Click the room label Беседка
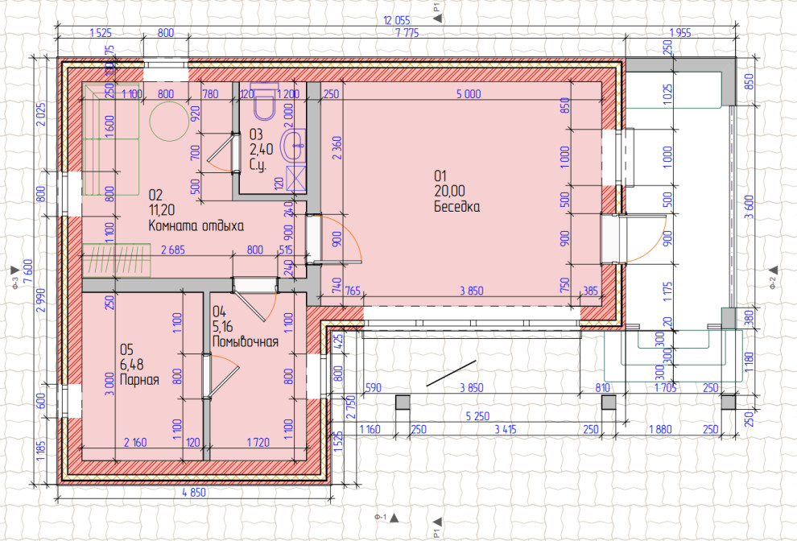(x=456, y=206)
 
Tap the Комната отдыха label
(x=196, y=225)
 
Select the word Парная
(x=139, y=379)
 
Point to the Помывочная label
(x=245, y=341)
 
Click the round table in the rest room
(x=169, y=121)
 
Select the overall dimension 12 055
(x=396, y=20)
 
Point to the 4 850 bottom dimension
(x=194, y=492)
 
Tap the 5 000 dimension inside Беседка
(x=468, y=93)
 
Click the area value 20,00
(x=449, y=191)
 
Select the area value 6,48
(x=132, y=365)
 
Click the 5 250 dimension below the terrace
(x=477, y=416)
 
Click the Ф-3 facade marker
(x=14, y=276)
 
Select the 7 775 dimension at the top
(x=407, y=33)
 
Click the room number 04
(x=219, y=312)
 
